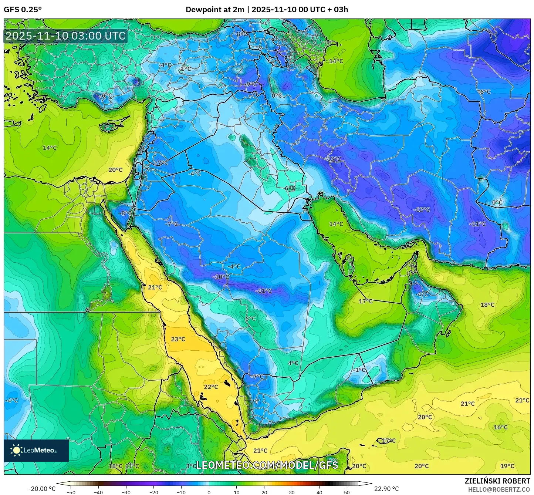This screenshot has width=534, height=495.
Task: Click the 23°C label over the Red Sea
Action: coord(178,339)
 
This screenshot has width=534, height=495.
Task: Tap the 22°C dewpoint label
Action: coord(211,387)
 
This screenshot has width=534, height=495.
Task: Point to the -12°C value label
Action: coord(422,209)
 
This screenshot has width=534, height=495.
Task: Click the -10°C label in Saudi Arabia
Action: coord(221,277)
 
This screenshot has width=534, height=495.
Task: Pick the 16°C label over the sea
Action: coord(500,427)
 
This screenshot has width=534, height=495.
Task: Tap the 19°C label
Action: coord(507,466)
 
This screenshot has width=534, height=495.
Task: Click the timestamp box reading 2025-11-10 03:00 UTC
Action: coord(65,36)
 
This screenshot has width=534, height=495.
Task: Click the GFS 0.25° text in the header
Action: coord(23,10)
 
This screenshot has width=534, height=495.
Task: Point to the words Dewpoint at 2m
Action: coord(215,10)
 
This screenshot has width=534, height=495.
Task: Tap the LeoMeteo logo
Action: coord(36,450)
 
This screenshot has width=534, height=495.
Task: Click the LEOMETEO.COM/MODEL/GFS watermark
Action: coord(267,465)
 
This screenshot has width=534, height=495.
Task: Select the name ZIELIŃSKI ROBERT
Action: coord(497,481)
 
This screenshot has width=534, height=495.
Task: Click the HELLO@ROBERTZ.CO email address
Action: coord(499,489)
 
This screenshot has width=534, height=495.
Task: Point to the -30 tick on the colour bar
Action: coord(126,492)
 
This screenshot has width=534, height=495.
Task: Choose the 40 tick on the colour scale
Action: coord(320,492)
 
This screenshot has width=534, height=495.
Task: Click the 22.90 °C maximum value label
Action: coord(386,489)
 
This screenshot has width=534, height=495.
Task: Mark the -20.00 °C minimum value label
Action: coord(42,489)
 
